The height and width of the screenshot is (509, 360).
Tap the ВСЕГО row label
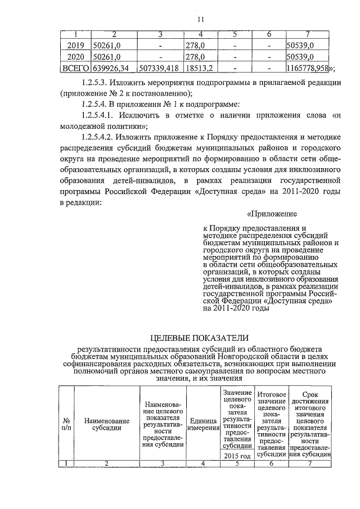[75, 69]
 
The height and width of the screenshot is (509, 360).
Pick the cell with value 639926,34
[112, 69]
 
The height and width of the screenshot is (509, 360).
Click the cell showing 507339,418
[160, 69]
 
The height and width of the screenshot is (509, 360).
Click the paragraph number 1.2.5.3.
[100, 83]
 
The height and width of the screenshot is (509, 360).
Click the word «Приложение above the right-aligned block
[272, 214]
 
